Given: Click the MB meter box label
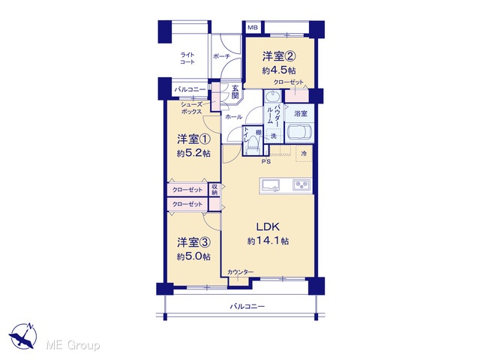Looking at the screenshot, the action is point(253,28).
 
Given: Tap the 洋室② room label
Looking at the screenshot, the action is point(278,56).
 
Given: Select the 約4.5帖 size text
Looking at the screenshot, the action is point(278,70).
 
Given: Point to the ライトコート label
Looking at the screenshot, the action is point(187,58).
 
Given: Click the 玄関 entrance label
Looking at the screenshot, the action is point(235,91).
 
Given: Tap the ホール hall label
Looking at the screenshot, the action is point(233,117).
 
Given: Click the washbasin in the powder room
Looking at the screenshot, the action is point(271,97).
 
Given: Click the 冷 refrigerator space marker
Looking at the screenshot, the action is point(304,154).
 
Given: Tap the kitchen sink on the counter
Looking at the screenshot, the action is point(270,185).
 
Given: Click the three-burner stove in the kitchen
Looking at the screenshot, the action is point(301,185).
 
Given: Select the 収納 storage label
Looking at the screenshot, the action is point(214,190).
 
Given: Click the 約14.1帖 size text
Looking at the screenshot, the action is point(268,241).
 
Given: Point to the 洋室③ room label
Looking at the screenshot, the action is point(193,242).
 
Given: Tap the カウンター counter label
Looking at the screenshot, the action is point(240,271).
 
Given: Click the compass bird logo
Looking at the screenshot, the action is point(23,336).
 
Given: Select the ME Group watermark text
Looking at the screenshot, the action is point(73,345).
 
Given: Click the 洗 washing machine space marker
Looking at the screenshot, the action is point(273,136).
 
